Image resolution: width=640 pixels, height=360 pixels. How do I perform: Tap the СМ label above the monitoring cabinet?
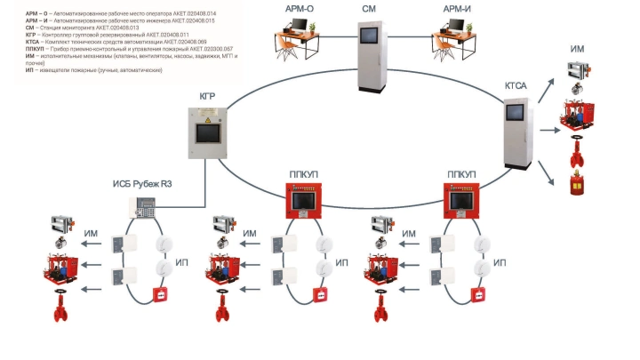pos(368,8)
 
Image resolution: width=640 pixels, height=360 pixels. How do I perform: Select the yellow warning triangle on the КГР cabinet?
pos(210,116)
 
